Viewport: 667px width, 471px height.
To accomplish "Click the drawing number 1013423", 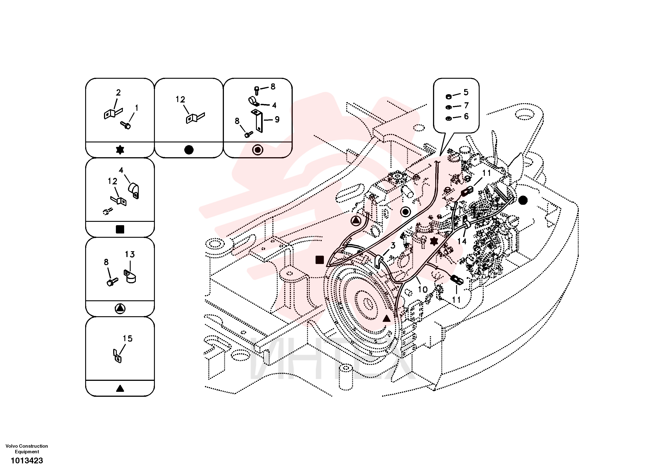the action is [27, 460].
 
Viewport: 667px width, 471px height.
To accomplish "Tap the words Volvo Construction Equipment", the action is [27, 449].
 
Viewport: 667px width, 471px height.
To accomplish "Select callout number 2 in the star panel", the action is [118, 92].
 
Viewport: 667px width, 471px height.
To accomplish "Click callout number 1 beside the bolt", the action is [136, 108].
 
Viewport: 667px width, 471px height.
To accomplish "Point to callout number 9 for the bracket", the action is [277, 120].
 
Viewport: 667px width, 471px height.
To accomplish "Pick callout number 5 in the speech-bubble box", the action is [466, 92].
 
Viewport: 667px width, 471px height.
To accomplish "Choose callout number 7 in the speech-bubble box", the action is [466, 105].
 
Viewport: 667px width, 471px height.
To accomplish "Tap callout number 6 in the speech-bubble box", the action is [466, 116].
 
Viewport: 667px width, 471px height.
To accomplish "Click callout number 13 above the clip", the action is [130, 254].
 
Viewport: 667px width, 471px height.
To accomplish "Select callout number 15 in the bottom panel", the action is [128, 338].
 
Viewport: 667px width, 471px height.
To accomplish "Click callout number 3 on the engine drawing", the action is [393, 246].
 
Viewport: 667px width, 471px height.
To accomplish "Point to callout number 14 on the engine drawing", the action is [462, 241].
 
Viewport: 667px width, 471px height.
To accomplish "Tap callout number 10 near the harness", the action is [423, 290].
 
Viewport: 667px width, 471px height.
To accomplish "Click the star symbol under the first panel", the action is [120, 150].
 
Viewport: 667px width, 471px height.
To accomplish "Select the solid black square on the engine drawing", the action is [320, 260].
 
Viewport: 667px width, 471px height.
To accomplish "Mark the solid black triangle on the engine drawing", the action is [387, 319].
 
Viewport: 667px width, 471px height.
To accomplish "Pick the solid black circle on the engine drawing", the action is [523, 200].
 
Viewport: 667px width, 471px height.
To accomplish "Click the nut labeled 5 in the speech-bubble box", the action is [448, 96].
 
